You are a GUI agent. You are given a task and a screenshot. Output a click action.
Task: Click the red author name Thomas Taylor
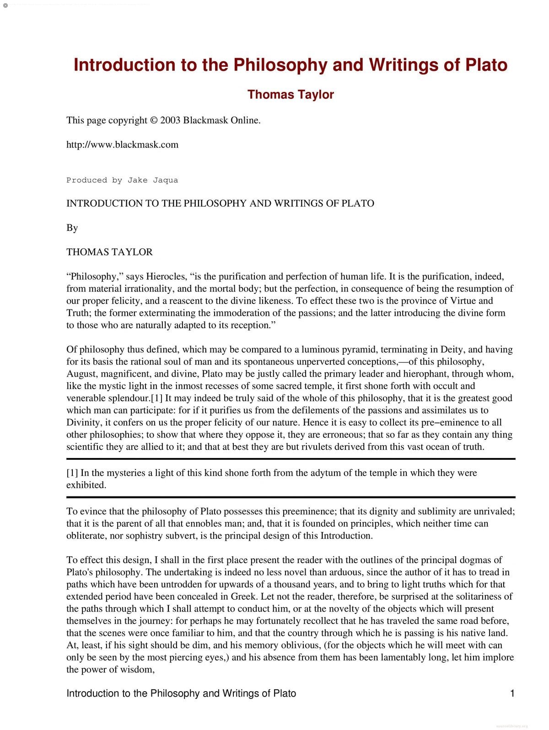click(291, 95)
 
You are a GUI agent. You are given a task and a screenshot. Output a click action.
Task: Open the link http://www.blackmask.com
click(122, 144)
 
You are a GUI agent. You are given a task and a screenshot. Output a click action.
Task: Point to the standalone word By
click(72, 228)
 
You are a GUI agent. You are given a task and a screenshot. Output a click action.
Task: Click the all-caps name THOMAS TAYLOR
click(109, 252)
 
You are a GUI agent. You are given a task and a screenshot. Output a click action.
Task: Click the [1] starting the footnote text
click(72, 473)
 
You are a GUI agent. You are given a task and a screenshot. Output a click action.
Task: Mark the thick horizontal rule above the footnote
click(291, 458)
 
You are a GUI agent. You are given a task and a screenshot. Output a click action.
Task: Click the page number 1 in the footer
click(512, 693)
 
